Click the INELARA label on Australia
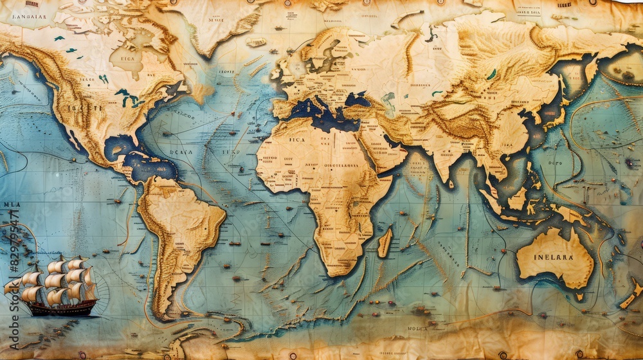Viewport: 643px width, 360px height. [554, 256]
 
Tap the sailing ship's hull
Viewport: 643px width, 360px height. [61, 309]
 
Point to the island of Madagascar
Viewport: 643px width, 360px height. [385, 242]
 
